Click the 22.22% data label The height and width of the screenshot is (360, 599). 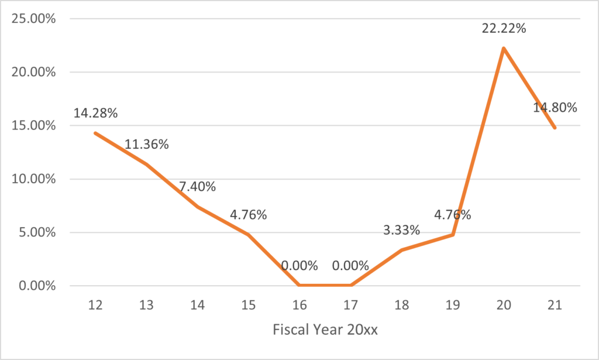503,28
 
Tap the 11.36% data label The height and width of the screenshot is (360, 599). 146,144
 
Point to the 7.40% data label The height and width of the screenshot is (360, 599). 197,187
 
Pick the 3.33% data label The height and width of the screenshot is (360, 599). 401,230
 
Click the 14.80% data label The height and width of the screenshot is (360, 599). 555,108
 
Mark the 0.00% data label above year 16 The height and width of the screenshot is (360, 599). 299,266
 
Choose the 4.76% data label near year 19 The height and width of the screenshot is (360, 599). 452,214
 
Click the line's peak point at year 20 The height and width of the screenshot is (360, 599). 503,48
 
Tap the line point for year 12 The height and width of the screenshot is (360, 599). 95,133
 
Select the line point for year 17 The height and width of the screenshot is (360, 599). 350,286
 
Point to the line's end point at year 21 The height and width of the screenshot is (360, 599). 555,128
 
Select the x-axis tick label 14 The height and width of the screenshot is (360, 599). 197,305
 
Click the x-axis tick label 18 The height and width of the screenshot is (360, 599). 401,305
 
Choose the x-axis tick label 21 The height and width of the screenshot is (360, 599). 555,305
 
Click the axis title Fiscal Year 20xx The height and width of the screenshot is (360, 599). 325,330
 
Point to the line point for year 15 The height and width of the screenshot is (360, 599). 248,235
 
